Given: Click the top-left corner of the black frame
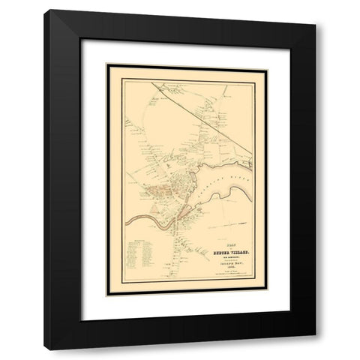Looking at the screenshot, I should click(45, 10).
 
